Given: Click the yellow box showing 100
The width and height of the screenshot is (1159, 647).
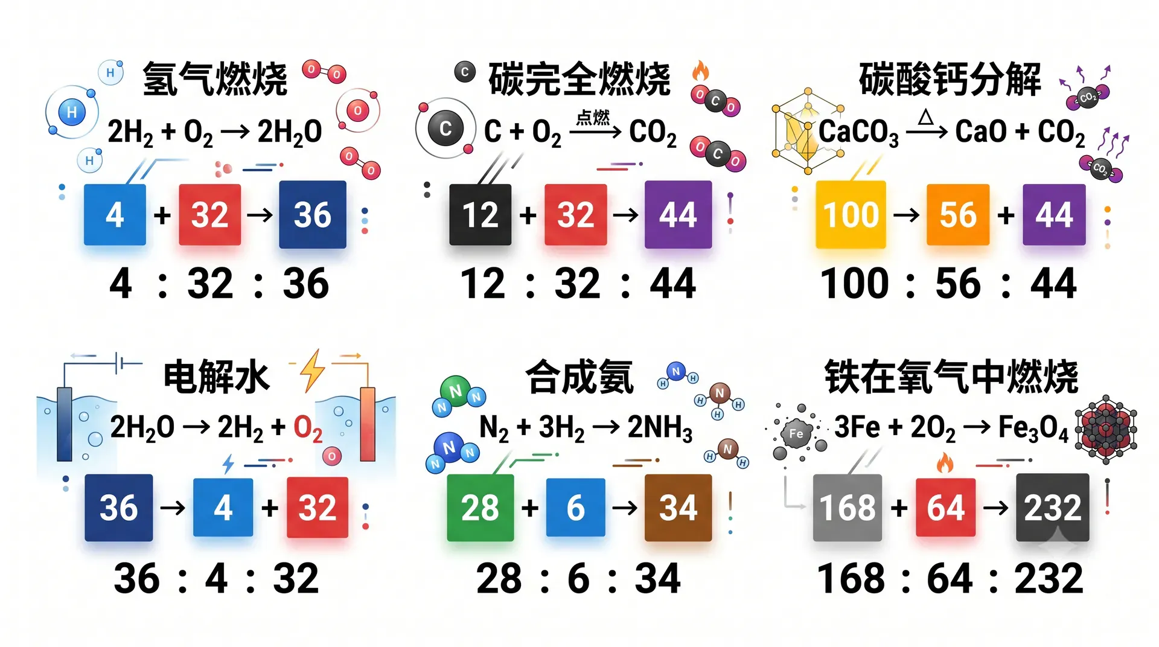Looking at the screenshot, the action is point(851,214).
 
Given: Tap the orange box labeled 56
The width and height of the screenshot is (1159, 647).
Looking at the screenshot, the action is point(958,215).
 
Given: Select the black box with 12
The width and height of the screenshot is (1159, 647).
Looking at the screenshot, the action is point(480,215).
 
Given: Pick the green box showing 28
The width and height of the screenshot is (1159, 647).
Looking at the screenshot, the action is point(481,508).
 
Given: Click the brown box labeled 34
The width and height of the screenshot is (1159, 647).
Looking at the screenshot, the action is point(678,508).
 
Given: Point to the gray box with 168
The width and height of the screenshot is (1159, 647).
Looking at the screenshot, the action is point(848,508).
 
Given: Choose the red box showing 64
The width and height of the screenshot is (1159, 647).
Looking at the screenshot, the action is point(945,508).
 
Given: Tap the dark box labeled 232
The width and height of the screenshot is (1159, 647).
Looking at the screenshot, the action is point(1053,508).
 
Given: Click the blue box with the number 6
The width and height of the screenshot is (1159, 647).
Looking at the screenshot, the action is point(575,508).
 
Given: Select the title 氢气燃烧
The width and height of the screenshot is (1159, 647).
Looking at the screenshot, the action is point(215,79).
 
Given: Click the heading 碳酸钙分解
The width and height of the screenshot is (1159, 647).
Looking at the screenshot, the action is point(950,79).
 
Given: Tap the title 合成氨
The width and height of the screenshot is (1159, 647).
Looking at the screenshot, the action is point(579,377).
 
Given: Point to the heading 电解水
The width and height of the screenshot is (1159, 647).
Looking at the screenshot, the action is point(216,377).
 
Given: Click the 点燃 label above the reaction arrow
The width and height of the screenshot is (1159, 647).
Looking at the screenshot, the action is point(593,117).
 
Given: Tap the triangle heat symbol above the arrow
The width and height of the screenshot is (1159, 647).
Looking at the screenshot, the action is point(925,116).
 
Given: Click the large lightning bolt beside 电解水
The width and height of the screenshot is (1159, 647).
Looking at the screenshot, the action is point(313,371).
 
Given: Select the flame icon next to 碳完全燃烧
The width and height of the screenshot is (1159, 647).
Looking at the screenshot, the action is point(700,71).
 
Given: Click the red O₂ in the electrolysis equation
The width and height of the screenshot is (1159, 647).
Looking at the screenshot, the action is point(308,428).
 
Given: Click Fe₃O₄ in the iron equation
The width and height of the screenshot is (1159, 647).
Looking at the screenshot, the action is point(1033,428).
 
